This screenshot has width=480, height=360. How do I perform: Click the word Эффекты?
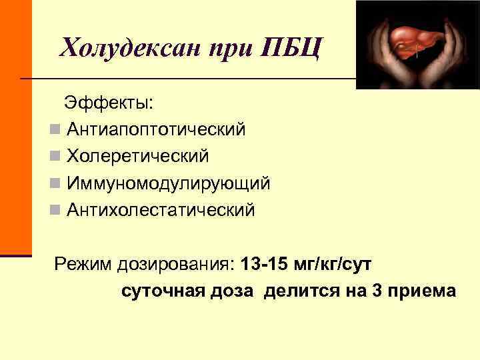click(108, 103)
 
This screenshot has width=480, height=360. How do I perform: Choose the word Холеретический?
click(138, 156)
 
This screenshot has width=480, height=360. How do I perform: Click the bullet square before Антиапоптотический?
click(55, 129)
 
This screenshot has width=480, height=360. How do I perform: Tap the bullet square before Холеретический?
click(55, 156)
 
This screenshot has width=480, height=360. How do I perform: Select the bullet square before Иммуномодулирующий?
click(55, 183)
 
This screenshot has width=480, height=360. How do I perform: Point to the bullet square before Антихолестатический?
click(55, 210)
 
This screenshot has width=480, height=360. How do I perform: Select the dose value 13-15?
click(263, 265)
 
